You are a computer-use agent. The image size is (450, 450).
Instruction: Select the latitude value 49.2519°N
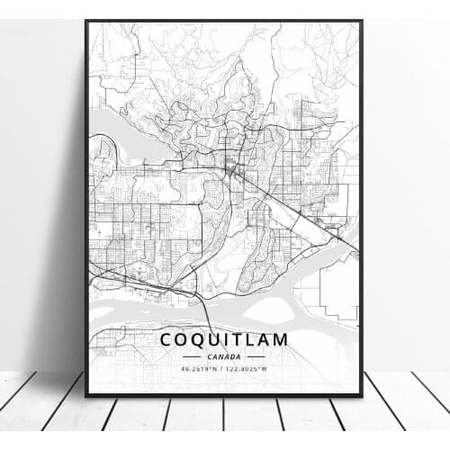coord(201,368)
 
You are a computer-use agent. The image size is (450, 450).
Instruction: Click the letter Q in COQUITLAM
coord(194,341)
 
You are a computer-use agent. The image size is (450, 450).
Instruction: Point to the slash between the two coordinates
coord(224,368)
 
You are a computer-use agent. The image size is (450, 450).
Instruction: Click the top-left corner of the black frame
coord(86,21)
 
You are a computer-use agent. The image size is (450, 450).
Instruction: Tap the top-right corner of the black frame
coord(362,21)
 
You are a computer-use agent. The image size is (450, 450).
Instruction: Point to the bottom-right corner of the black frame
coord(362,396)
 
